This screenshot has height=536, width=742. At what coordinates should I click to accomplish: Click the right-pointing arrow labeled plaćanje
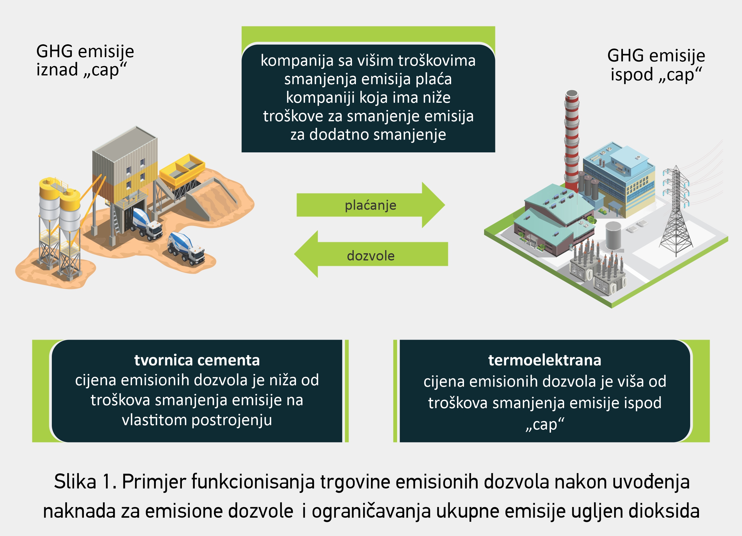[x=370, y=205]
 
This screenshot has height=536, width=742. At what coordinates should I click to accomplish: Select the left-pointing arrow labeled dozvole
[x=371, y=254]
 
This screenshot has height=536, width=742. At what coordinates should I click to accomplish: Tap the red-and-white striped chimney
[x=571, y=141]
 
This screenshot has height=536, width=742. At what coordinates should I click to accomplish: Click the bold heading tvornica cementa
[x=197, y=360]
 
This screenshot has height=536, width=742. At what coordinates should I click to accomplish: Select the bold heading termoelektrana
[x=545, y=360]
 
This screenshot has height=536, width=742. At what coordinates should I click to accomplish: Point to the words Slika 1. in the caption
[x=85, y=482]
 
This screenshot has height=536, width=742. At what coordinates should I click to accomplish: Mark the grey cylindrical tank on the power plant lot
[x=613, y=236]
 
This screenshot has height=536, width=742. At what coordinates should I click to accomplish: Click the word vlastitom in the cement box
[x=154, y=420]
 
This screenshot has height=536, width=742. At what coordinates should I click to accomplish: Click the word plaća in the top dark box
[x=434, y=79]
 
